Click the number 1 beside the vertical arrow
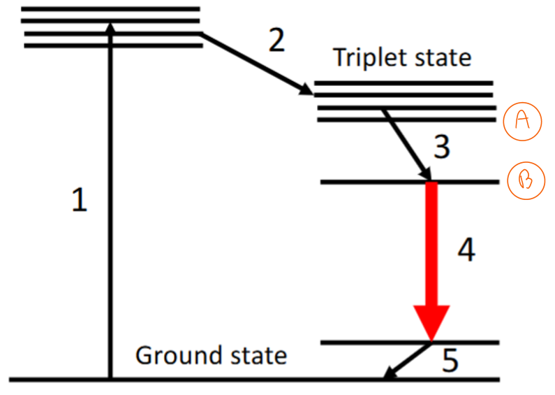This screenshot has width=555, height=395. pos(80,200)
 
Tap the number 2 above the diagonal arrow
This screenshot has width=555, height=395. pos(276,40)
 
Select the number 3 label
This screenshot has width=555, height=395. pos(442,146)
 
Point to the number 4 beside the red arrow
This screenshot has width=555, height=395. pos(466,250)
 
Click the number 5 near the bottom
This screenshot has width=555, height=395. pos(450,360)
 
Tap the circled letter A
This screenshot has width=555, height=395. pos(522,121)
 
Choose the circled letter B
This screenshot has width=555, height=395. pos(526,181)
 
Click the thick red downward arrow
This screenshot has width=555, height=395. pos(431,261)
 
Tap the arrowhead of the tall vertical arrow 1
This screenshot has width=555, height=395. pos(110,29)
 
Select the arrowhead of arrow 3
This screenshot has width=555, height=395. pos(426,174)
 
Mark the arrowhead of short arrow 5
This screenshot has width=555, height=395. pos(390,373)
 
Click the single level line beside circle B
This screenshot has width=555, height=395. pos(410,182)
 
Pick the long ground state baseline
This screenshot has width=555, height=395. pos(254,380)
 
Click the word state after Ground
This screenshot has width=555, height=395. pos(259,355)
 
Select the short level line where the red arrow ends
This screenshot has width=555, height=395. pos(410,343)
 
